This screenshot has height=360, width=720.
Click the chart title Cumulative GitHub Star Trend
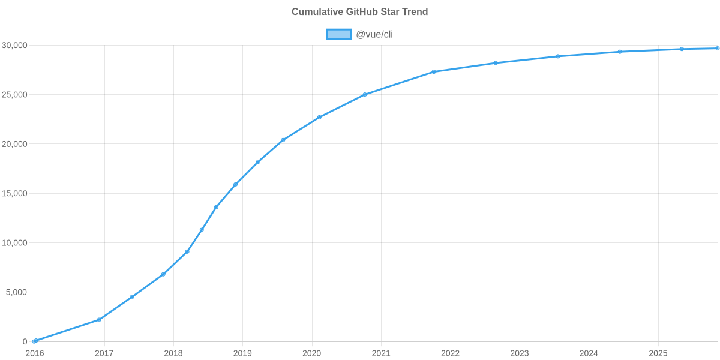pyautogui.click(x=359, y=11)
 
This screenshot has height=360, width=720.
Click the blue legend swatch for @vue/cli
pyautogui.click(x=338, y=34)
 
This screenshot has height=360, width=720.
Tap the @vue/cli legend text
pyautogui.click(x=374, y=34)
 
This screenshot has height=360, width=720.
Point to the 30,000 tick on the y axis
pyautogui.click(x=15, y=46)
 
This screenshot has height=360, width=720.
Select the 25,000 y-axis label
pyautogui.click(x=15, y=95)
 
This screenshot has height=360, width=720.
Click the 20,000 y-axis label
pyautogui.click(x=15, y=144)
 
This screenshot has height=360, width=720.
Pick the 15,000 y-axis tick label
pyautogui.click(x=15, y=194)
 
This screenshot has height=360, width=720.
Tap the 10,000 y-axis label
pyautogui.click(x=15, y=243)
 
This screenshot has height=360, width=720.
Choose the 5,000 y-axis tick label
pyautogui.click(x=17, y=292)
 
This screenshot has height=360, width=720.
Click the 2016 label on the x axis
pyautogui.click(x=35, y=353)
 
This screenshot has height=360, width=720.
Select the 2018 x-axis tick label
pyautogui.click(x=173, y=353)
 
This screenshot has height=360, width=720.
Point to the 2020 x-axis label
pyautogui.click(x=312, y=353)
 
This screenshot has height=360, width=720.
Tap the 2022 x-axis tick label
pyautogui.click(x=451, y=353)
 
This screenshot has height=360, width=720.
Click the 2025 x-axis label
pyautogui.click(x=658, y=353)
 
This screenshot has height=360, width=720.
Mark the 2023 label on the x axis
pyautogui.click(x=520, y=353)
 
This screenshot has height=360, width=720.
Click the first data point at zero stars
pyautogui.click(x=35, y=341)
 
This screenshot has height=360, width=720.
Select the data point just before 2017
pyautogui.click(x=99, y=320)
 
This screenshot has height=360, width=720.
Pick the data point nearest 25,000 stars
pyautogui.click(x=365, y=94)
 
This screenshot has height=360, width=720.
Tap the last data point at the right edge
pyautogui.click(x=717, y=49)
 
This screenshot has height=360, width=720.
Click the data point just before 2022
pyautogui.click(x=434, y=72)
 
